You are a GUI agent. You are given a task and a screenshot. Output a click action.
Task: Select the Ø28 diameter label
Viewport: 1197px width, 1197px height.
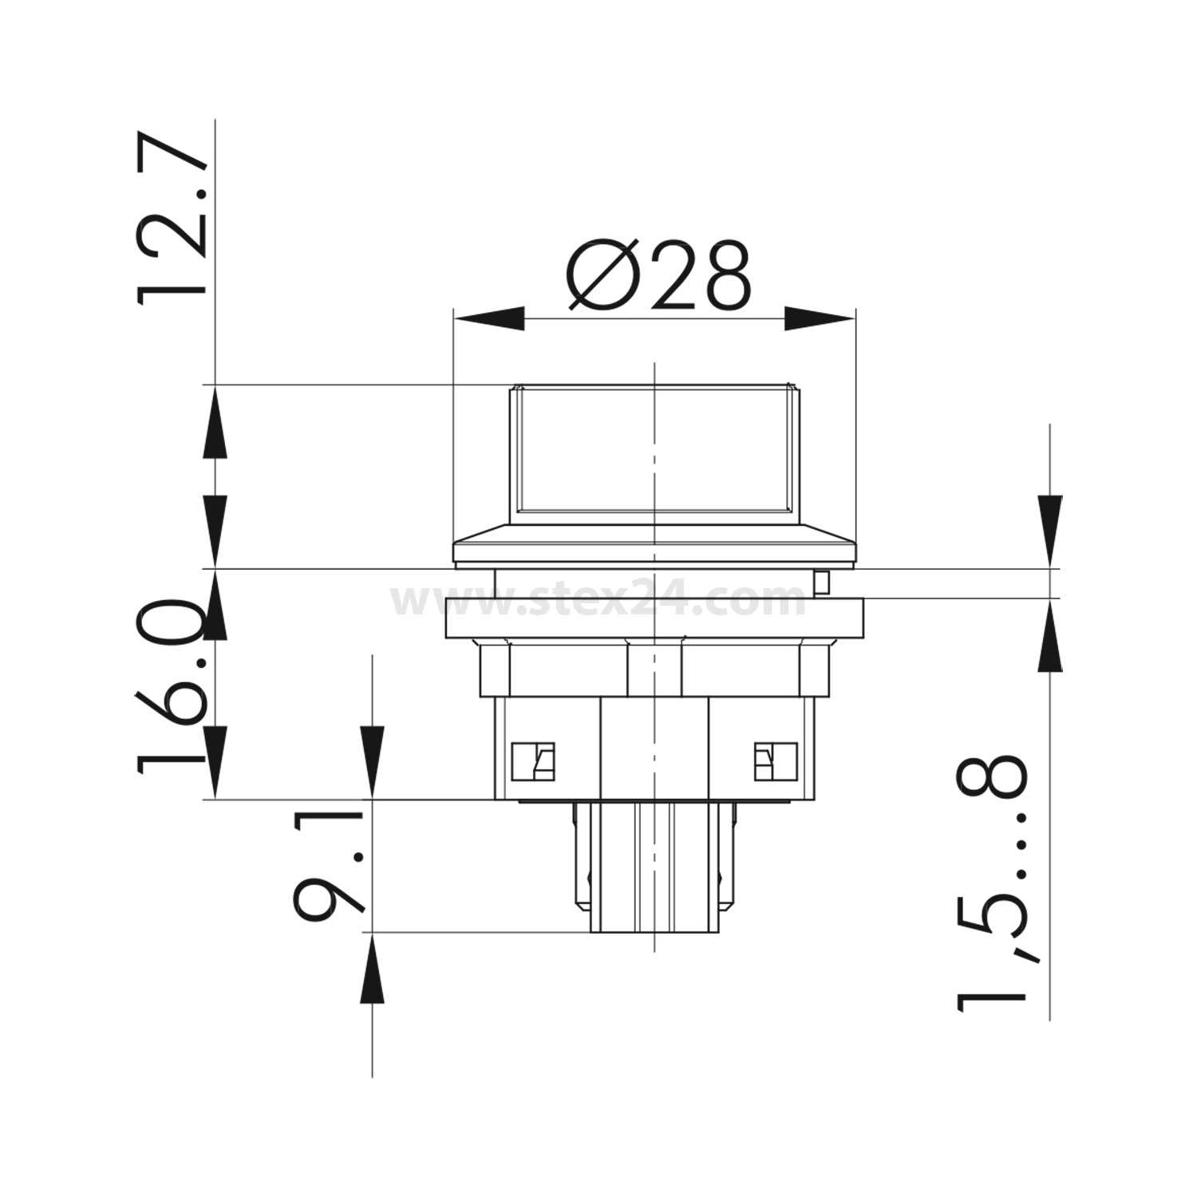point(658,276)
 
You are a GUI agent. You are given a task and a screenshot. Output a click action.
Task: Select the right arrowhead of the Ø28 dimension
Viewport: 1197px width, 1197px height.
point(820,320)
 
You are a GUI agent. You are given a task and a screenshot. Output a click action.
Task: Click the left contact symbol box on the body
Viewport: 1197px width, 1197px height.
point(533,760)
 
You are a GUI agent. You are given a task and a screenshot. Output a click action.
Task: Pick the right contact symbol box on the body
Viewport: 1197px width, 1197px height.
point(776,760)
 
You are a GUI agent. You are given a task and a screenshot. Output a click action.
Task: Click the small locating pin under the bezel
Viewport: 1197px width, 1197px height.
point(823,583)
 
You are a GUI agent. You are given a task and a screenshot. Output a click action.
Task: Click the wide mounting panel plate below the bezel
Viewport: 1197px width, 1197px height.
point(654,618)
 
